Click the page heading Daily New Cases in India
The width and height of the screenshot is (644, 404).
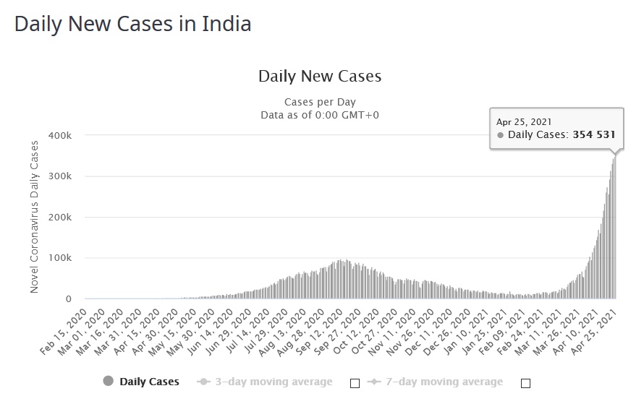[x=133, y=24]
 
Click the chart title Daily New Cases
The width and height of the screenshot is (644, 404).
[x=320, y=76]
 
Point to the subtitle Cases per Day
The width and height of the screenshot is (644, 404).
[x=320, y=102]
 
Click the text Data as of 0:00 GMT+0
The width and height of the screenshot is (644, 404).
[x=320, y=115]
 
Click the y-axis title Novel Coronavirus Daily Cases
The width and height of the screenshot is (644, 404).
[x=34, y=217]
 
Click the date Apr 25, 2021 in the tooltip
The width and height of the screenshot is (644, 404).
[x=524, y=122]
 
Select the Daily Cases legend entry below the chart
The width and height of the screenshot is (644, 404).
[x=149, y=382]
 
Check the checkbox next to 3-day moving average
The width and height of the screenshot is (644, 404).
[x=355, y=382]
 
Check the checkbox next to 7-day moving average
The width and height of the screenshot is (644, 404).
[x=525, y=382]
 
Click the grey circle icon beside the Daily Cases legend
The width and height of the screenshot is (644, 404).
[x=109, y=382]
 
